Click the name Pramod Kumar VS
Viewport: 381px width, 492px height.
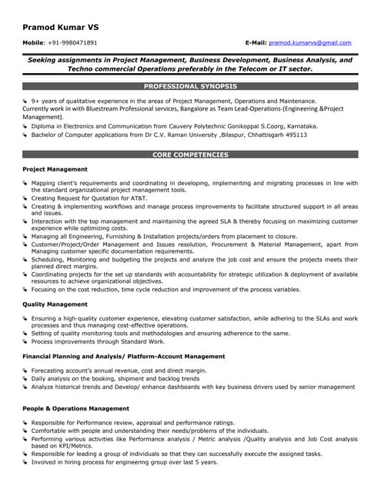(60, 27)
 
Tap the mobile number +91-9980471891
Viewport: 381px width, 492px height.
(72, 43)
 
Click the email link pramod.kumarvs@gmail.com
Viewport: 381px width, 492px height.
(310, 43)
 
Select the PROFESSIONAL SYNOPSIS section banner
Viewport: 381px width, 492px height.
(190, 86)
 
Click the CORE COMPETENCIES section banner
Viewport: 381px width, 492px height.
(190, 155)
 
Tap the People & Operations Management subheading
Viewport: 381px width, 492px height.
(76, 408)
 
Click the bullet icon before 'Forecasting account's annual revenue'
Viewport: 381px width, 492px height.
(25, 371)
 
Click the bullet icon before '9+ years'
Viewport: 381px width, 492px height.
(25, 101)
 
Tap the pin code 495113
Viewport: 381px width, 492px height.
(293, 135)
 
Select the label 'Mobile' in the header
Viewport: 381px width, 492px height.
(33, 43)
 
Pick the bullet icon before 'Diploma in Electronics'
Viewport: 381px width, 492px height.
(25, 126)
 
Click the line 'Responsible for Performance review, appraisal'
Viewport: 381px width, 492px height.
(132, 423)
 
